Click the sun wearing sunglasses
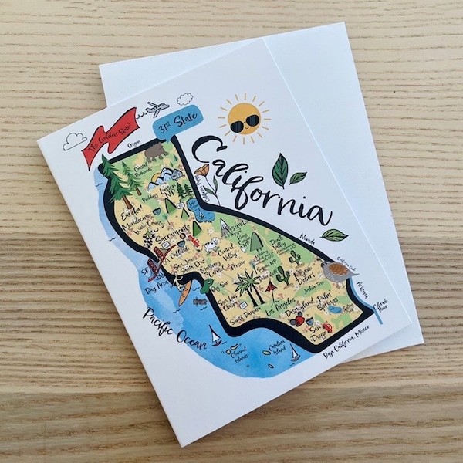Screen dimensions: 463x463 click(245, 120)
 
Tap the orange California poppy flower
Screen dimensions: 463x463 click(203, 171)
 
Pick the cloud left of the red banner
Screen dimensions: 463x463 click(73, 140)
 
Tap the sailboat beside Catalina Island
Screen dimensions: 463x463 click(294, 354)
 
